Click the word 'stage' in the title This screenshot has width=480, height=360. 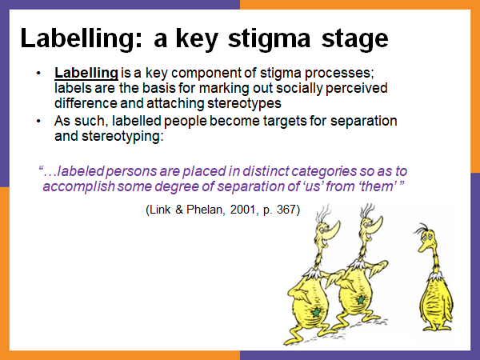pos(349,39)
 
